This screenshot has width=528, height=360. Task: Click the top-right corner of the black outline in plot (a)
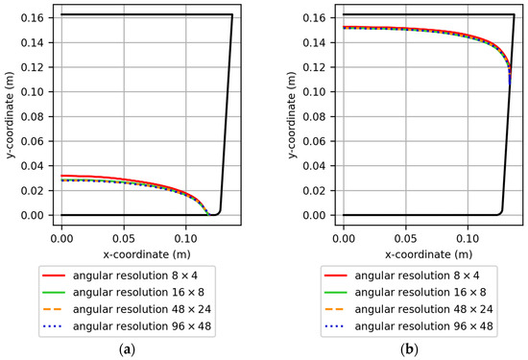(232, 15)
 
